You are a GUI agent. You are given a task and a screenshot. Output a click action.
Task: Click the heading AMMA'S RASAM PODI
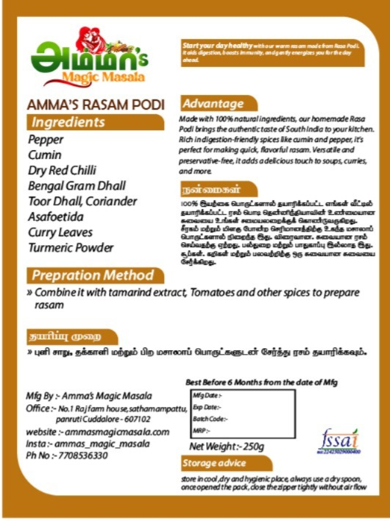tap(95, 104)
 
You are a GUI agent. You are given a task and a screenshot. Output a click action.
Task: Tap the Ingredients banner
tap(68, 122)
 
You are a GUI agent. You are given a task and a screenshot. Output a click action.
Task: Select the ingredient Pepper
tap(46, 140)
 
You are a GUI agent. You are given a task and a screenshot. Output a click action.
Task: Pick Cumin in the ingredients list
tap(43, 155)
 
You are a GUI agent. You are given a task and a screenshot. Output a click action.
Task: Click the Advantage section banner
tap(213, 104)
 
